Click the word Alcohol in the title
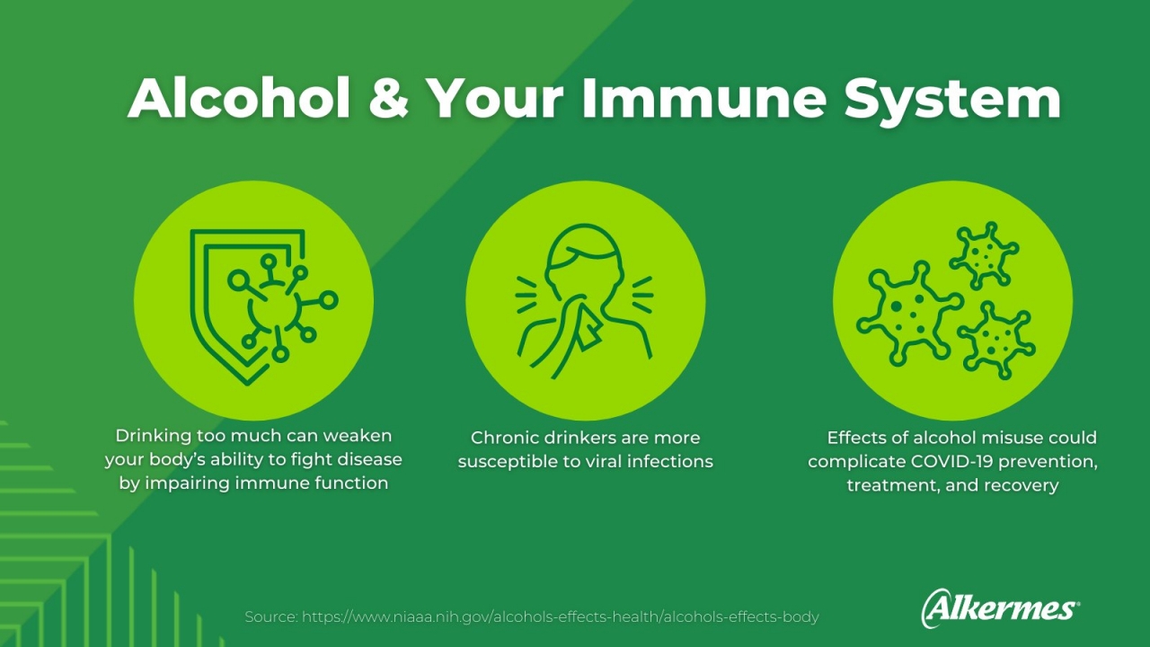pyautogui.click(x=239, y=98)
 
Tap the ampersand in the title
pyautogui.click(x=389, y=98)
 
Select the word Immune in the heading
pyautogui.click(x=703, y=98)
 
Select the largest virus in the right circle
pyautogui.click(x=908, y=315)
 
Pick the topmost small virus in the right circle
pyautogui.click(x=984, y=255)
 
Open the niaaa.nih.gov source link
pyautogui.click(x=560, y=616)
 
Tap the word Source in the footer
pyautogui.click(x=270, y=616)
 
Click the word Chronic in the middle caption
pyautogui.click(x=502, y=438)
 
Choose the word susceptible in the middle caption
pyautogui.click(x=508, y=462)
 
